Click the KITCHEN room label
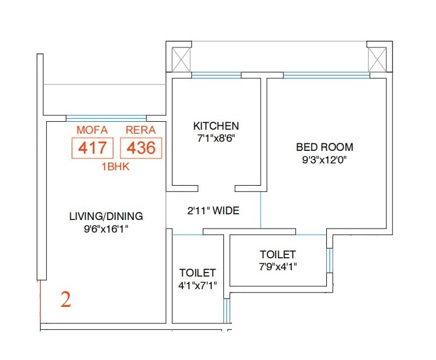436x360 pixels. (x=215, y=126)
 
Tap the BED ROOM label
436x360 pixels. (x=325, y=147)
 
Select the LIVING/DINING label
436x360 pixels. (x=106, y=217)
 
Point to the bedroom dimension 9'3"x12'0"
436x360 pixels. (x=325, y=160)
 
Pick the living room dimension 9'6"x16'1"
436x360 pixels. (x=106, y=229)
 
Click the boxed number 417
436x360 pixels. (x=93, y=148)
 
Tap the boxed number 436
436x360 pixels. (x=141, y=148)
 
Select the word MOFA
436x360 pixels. (x=92, y=130)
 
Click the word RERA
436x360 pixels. (x=141, y=130)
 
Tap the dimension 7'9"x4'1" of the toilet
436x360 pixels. (x=278, y=266)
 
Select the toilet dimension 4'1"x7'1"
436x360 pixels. (x=197, y=285)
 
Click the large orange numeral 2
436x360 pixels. (x=66, y=300)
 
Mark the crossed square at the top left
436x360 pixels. (x=182, y=59)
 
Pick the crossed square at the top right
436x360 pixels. (x=378, y=59)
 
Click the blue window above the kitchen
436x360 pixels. (x=216, y=75)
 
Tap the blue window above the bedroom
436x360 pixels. (x=326, y=74)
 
